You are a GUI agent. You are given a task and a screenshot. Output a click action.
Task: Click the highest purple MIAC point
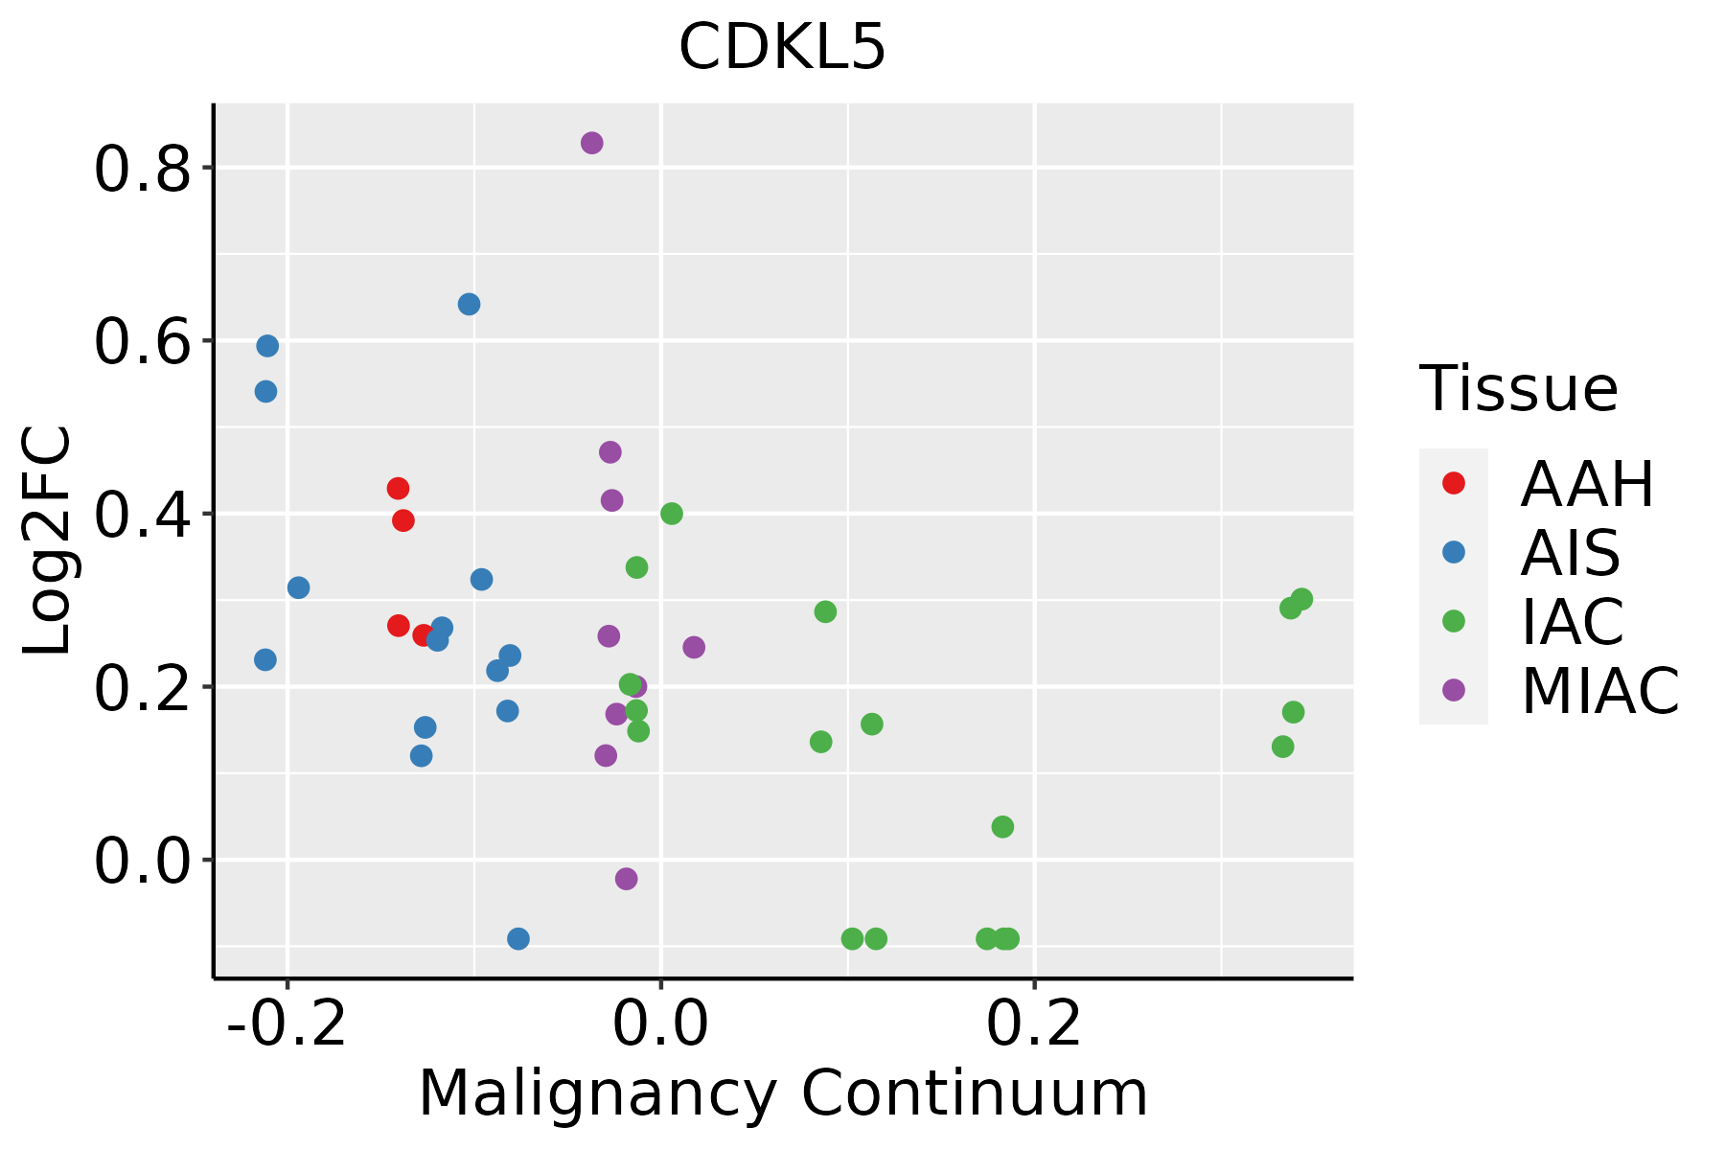click(x=592, y=143)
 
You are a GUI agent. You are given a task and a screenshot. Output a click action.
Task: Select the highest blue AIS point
click(x=469, y=305)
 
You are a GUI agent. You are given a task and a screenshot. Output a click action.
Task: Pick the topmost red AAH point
click(x=398, y=489)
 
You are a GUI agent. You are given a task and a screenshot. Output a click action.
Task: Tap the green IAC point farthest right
click(x=1301, y=599)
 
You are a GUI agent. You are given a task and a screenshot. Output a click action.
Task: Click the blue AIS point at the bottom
click(x=518, y=938)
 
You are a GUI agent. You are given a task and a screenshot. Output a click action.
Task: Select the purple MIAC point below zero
click(x=626, y=879)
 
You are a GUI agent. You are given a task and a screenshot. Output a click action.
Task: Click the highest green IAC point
click(x=672, y=514)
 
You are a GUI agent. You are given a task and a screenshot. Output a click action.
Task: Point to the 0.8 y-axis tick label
click(x=142, y=171)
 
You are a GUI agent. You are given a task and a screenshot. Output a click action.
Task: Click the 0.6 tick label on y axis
click(x=142, y=343)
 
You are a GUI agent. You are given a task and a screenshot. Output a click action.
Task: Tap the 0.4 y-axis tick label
click(x=142, y=516)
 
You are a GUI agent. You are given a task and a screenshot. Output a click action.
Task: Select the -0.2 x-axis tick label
click(x=287, y=1025)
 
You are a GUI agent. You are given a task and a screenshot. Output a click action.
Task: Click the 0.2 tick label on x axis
click(x=1034, y=1025)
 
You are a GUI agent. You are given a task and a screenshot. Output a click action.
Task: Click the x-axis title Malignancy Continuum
click(x=783, y=1094)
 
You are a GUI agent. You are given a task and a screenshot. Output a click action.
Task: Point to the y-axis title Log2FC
click(x=48, y=540)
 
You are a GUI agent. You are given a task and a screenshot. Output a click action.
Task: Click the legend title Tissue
click(x=1519, y=389)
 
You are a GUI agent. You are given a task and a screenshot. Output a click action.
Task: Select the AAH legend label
click(x=1587, y=484)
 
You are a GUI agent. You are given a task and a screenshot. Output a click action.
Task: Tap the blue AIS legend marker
click(x=1454, y=552)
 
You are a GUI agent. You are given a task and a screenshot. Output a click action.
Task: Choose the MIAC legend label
click(x=1599, y=691)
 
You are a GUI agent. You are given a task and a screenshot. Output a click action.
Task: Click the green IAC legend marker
click(x=1454, y=621)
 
